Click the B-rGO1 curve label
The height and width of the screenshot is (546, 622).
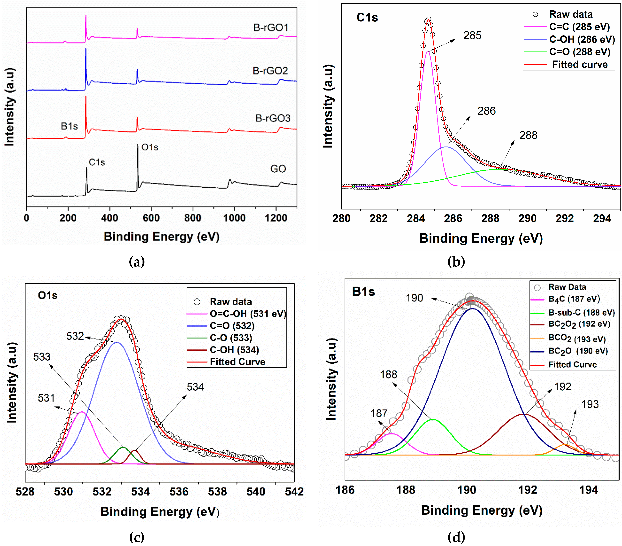pos(271,28)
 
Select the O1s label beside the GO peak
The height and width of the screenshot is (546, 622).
pos(150,147)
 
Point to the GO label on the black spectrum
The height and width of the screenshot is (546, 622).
pos(278,169)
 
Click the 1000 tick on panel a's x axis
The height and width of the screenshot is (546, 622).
pos(234,218)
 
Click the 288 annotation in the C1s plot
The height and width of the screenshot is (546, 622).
pos(528,135)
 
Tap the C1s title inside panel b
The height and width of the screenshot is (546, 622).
pos(367,18)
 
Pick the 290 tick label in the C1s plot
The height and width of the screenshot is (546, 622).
pos(527,218)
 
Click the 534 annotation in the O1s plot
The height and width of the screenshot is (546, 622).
pos(195,387)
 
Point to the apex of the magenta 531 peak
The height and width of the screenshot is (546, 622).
pos(81,412)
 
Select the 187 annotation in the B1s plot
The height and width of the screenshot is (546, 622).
pos(379,413)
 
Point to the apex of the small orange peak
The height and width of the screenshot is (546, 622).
pos(564,445)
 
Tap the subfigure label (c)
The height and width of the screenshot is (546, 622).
pos(137,538)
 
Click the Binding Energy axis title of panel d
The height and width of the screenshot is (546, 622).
pos(482,510)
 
